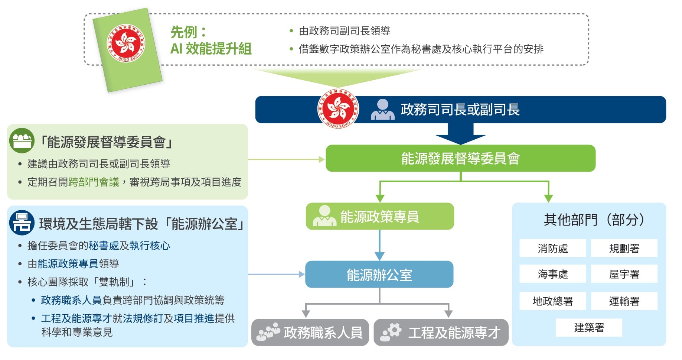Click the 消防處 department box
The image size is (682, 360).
pyautogui.click(x=552, y=248)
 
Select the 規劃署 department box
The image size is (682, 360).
pyautogui.click(x=624, y=248)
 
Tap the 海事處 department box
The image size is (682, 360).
pyautogui.click(x=552, y=274)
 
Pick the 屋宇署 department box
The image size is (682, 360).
pyautogui.click(x=624, y=274)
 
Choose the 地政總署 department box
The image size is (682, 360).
pyautogui.click(x=552, y=301)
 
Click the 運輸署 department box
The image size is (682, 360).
pyautogui.click(x=624, y=301)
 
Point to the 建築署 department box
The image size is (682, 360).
pyautogui.click(x=589, y=328)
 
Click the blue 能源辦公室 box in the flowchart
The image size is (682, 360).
pyautogui.click(x=379, y=275)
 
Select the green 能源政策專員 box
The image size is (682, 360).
pyautogui.click(x=379, y=216)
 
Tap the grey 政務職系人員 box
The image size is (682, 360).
pyautogui.click(x=310, y=333)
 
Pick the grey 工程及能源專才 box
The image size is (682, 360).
pyautogui.click(x=441, y=333)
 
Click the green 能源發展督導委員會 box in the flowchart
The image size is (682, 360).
pyautogui.click(x=460, y=158)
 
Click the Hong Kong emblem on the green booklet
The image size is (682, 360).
pyautogui.click(x=126, y=43)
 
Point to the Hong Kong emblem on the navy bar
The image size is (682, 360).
pyautogui.click(x=338, y=109)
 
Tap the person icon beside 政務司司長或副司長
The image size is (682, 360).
pyautogui.click(x=382, y=110)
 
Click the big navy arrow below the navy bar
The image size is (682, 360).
pyautogui.click(x=460, y=134)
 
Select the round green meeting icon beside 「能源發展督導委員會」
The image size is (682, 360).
pyautogui.click(x=22, y=141)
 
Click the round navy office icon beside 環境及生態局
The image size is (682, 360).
pyautogui.click(x=22, y=223)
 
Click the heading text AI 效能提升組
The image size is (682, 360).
pyautogui.click(x=211, y=49)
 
